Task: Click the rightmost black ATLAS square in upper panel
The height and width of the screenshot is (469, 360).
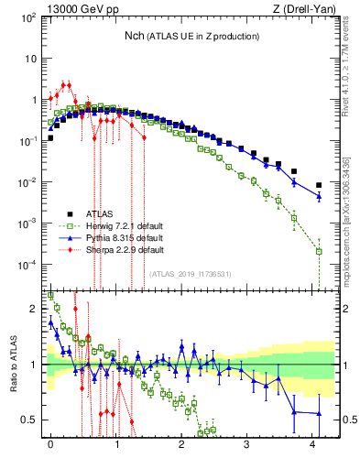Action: [x=319, y=185]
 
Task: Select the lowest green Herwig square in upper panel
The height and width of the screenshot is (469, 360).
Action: [x=319, y=251]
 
